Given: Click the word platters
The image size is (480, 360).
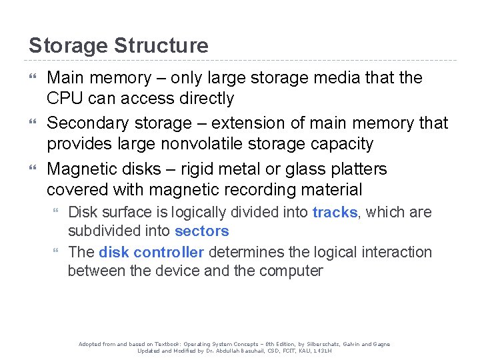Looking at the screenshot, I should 358,169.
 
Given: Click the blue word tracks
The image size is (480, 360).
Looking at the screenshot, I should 335,213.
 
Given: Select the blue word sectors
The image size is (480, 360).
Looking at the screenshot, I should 201,231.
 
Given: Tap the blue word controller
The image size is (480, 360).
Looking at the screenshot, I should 169,252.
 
